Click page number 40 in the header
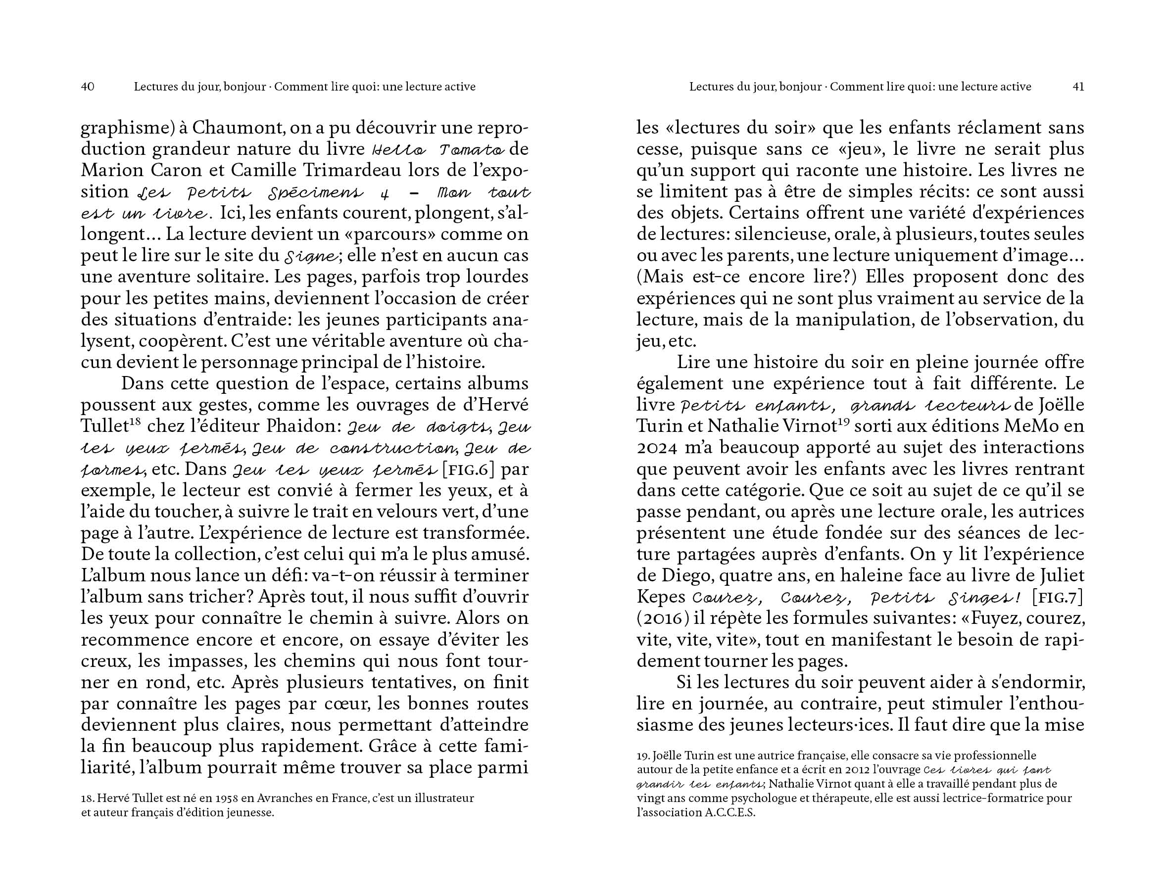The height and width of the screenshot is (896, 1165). click(88, 87)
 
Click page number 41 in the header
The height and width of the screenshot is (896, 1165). click(1078, 87)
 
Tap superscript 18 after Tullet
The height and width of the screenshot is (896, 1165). click(136, 422)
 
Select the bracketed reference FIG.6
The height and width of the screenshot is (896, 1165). click(469, 470)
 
